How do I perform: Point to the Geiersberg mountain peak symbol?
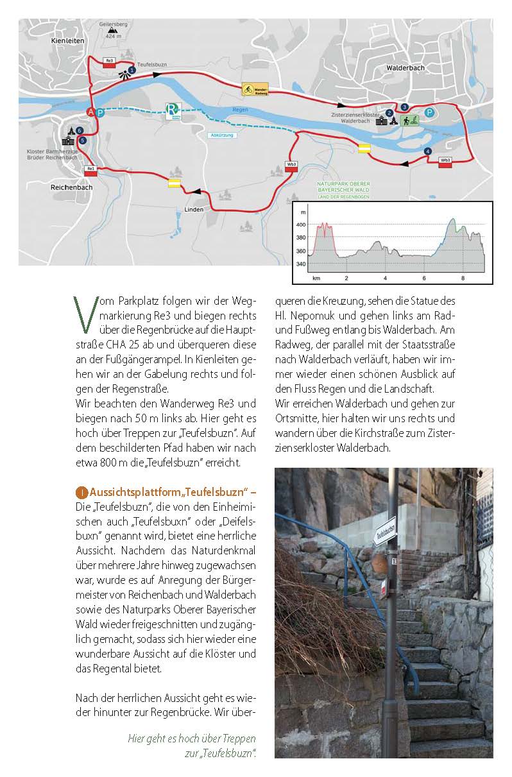point(113,30)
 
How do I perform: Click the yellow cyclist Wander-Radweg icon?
point(247,89)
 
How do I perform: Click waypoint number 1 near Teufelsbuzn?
point(132,69)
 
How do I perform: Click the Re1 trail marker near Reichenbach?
point(90,170)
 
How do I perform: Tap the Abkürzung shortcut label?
point(219,135)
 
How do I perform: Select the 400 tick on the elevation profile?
point(301,225)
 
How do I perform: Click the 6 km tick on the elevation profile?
point(424,278)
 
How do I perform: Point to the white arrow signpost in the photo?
point(384,533)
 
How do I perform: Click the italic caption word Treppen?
point(237,738)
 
